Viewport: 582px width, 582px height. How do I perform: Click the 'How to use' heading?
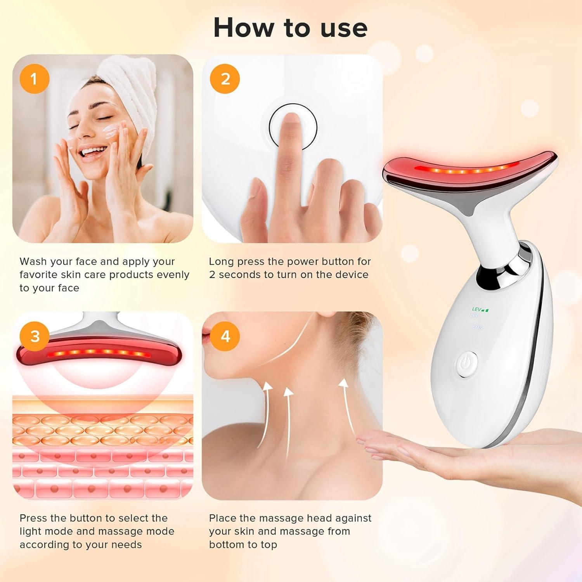tap(290, 28)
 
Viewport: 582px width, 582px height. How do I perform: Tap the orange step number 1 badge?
tap(34, 79)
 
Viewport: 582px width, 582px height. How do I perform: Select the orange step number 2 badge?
tap(225, 79)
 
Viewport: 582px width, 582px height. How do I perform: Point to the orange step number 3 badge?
tap(35, 336)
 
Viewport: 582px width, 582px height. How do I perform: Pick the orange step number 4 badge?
tap(225, 336)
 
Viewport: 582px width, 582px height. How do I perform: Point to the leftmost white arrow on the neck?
tap(267, 411)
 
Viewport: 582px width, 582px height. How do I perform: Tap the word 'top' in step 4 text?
tap(268, 545)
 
